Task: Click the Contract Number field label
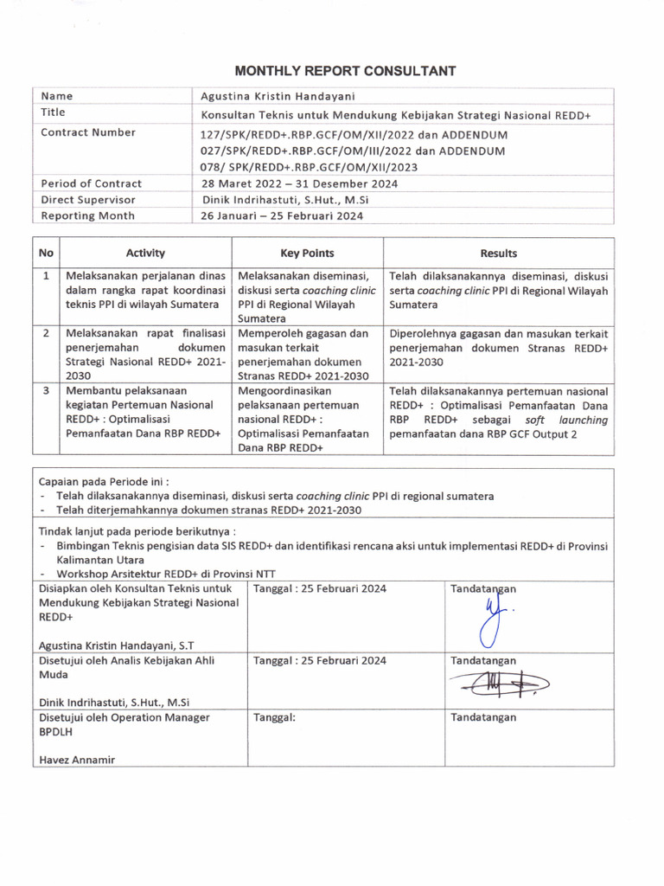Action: tap(88, 133)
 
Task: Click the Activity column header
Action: tap(144, 254)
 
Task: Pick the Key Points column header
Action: tap(307, 254)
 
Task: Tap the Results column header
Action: tap(499, 254)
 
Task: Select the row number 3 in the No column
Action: tap(46, 391)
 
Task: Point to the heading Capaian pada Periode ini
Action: tap(104, 481)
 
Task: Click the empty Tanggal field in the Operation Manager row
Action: tap(346, 740)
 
